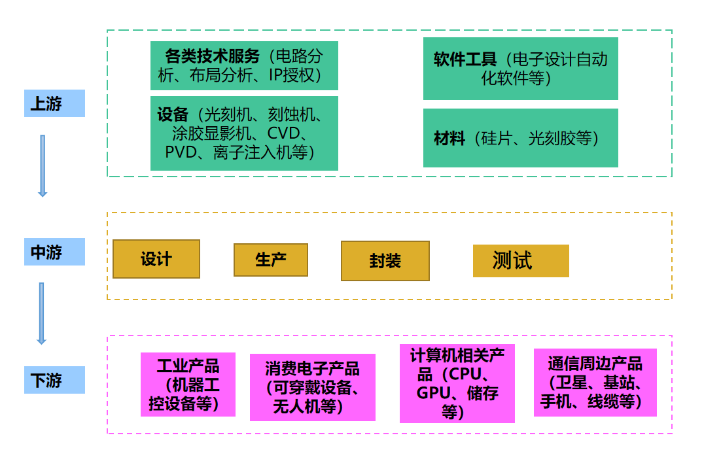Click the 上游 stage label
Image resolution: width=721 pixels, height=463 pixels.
(x=54, y=103)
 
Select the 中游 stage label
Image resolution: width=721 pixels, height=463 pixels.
(x=54, y=252)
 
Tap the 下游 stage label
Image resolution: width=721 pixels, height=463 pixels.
(x=54, y=380)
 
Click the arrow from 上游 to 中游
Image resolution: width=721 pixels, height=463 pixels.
(x=43, y=165)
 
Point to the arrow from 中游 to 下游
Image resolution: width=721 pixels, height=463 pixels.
(x=41, y=313)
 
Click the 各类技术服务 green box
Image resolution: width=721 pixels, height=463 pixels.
(x=244, y=65)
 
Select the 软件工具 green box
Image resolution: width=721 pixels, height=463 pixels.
(x=520, y=69)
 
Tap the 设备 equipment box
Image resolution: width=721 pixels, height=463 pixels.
(x=244, y=133)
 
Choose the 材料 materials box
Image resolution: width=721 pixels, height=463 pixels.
(x=520, y=138)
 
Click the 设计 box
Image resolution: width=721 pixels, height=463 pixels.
(x=156, y=259)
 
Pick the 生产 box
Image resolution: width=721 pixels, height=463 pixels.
(x=271, y=260)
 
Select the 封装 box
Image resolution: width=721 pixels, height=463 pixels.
(x=385, y=261)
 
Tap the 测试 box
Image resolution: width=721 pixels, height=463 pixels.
(x=521, y=261)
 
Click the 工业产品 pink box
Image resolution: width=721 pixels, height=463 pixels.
(x=188, y=385)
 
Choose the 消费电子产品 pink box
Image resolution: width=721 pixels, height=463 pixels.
(x=313, y=387)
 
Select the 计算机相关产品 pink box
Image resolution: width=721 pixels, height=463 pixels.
(x=457, y=383)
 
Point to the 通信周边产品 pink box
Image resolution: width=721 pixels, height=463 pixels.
(x=595, y=383)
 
